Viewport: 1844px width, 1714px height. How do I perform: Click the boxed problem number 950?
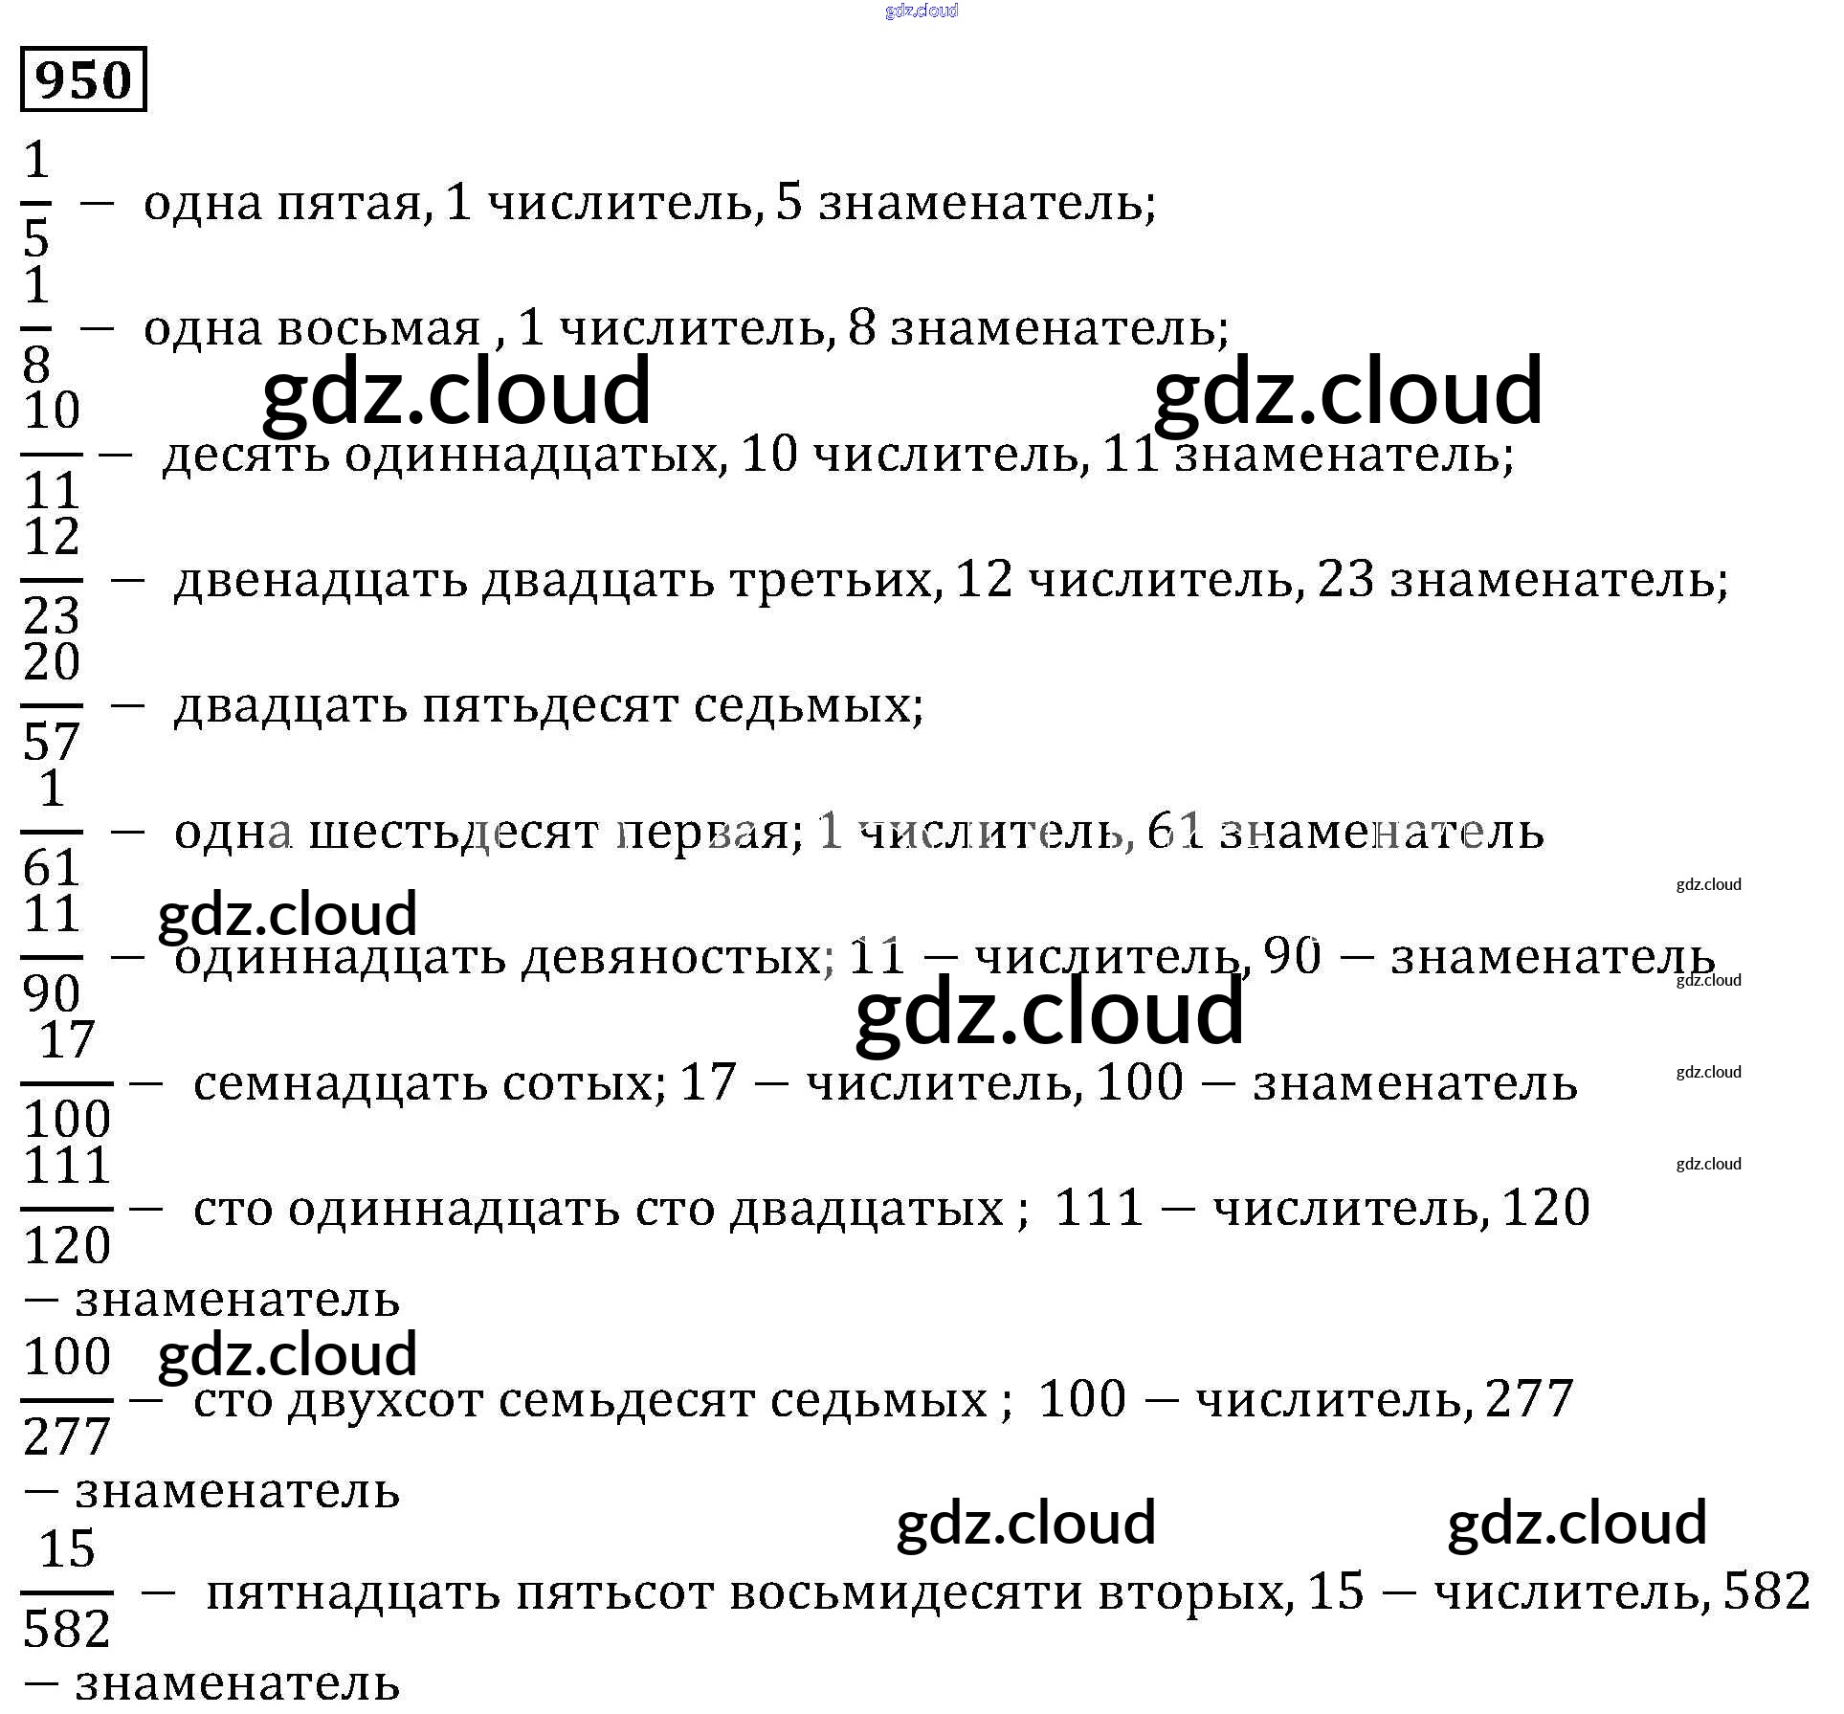83,79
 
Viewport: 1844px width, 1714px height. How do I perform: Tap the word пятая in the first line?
350,204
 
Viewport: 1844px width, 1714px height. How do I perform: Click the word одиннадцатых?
531,455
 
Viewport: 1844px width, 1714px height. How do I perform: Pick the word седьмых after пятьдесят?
808,706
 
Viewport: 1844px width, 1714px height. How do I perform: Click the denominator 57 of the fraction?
52,742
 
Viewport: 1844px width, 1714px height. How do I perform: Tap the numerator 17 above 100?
67,1040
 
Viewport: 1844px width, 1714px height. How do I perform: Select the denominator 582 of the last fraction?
67,1630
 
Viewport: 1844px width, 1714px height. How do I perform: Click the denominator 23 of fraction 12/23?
52,615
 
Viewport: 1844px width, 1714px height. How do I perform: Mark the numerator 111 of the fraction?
67,1167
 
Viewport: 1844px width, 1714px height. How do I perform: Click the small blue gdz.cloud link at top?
922,11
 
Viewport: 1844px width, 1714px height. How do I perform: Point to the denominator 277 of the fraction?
67,1437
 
